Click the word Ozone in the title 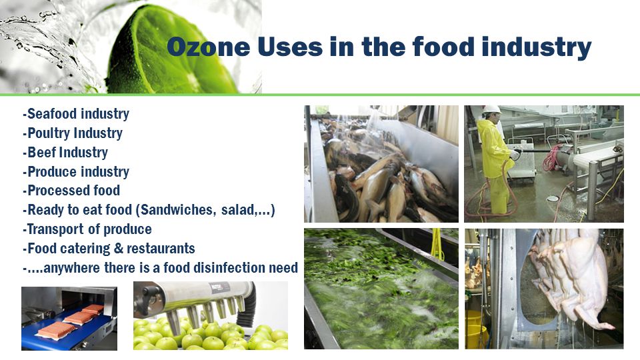click(209, 47)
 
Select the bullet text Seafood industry click(76, 113)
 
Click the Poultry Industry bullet click(73, 133)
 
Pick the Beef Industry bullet click(65, 152)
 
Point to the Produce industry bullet click(76, 171)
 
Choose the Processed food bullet click(71, 191)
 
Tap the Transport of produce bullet click(87, 229)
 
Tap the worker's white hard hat click(491, 110)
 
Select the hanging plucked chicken click(571, 277)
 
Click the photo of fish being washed click(381, 164)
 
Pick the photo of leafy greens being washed click(381, 289)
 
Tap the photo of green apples click(211, 315)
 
